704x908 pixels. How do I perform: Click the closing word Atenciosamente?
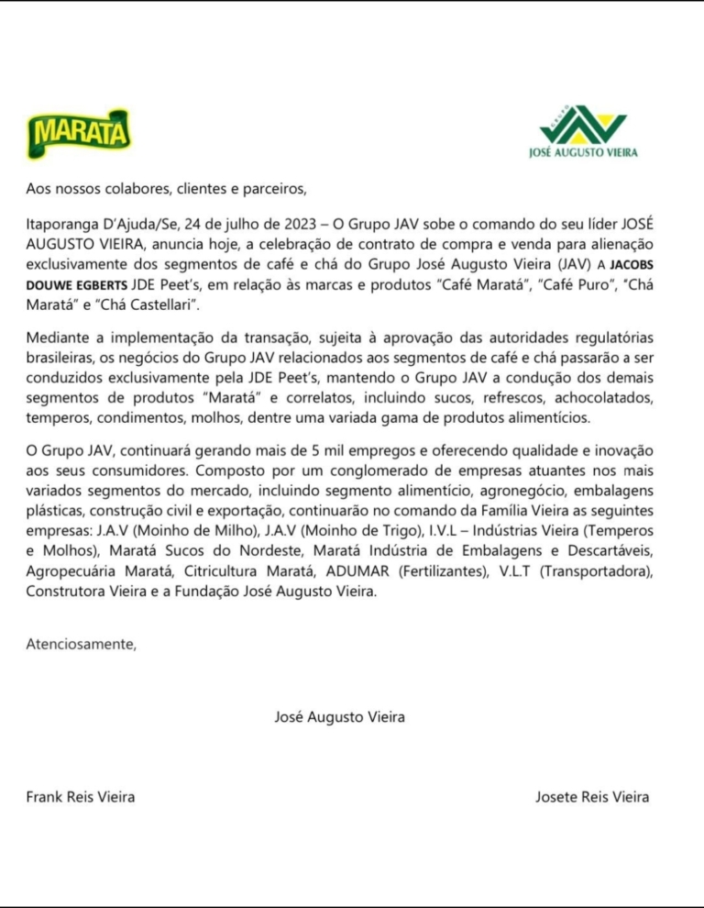tap(81, 644)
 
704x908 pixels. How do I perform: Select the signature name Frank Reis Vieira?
tap(80, 796)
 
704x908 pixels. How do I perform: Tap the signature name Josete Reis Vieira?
tap(592, 796)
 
